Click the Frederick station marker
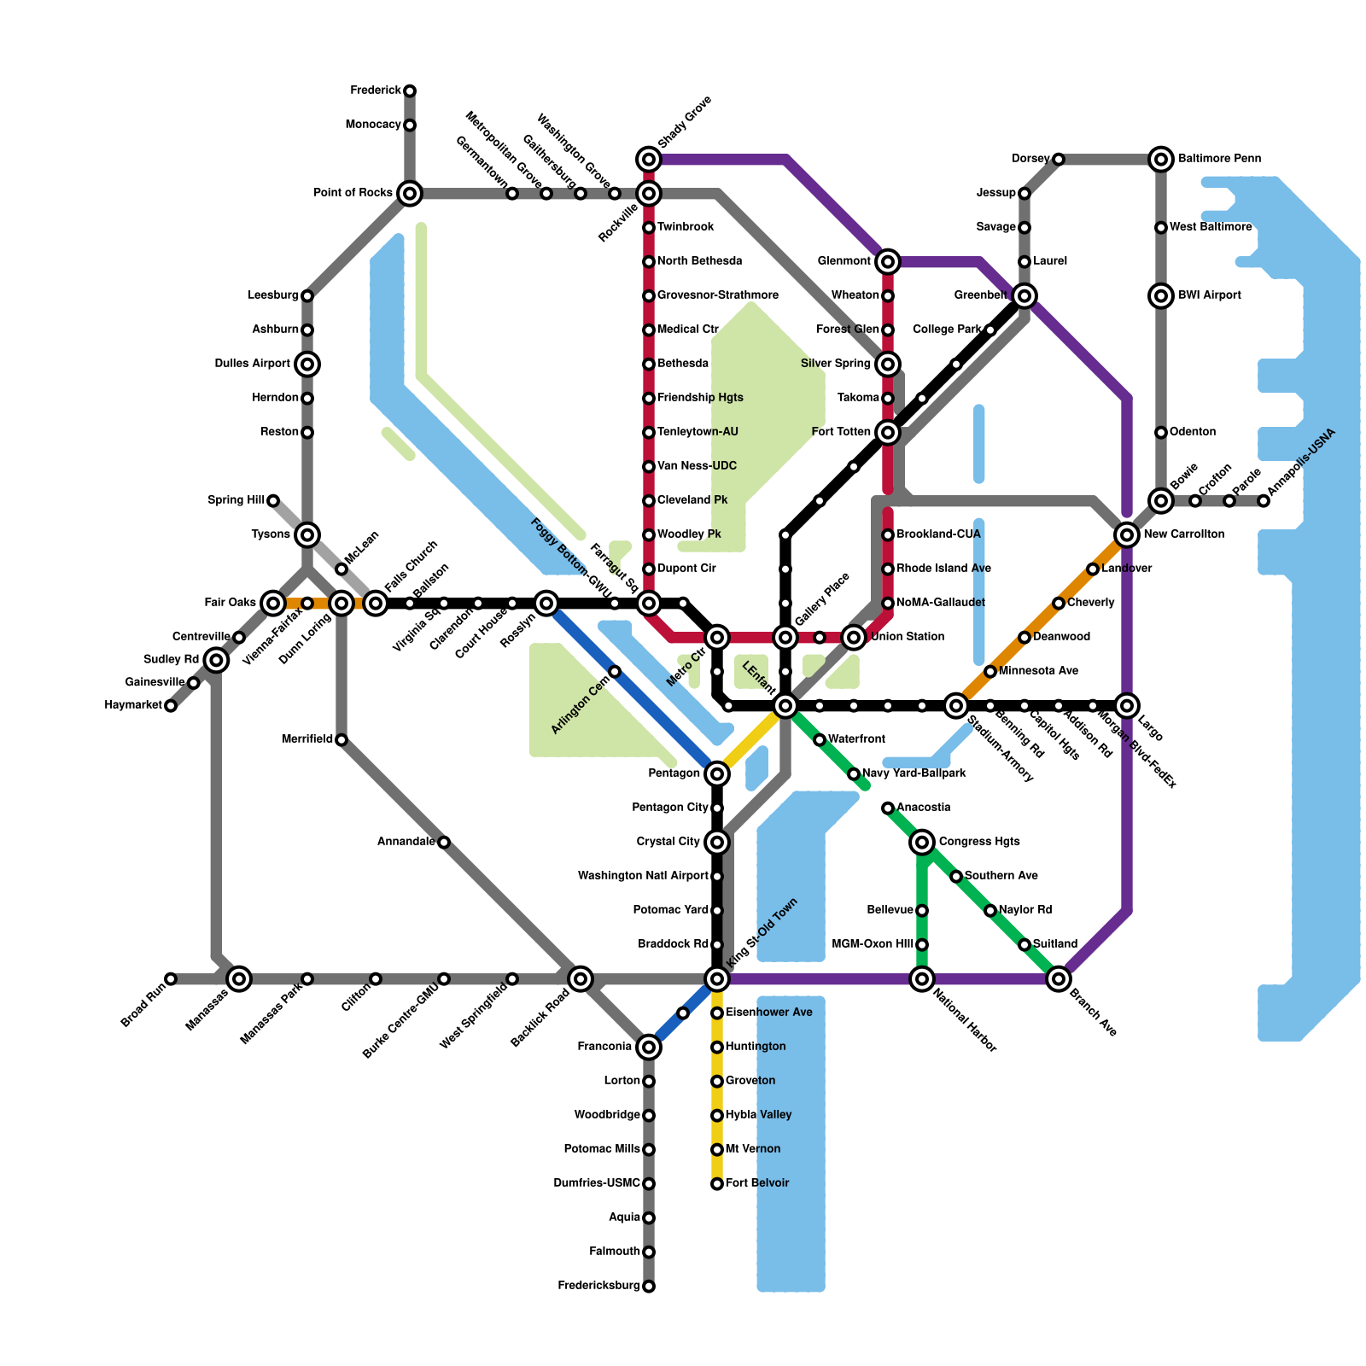tap(410, 90)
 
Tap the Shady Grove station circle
tap(649, 159)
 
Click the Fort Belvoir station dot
tap(717, 1183)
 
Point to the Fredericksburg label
tap(598, 1286)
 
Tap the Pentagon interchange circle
tap(717, 773)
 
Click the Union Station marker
tap(854, 637)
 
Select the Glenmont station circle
tap(888, 261)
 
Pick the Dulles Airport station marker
tap(307, 364)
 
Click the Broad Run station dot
tap(171, 978)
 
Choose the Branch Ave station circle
tap(1059, 978)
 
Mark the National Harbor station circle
tap(922, 978)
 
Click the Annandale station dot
tap(444, 842)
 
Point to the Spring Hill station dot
tap(273, 500)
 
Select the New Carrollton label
tap(1184, 534)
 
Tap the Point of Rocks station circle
tap(410, 193)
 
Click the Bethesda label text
tap(683, 364)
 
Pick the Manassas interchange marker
tap(239, 978)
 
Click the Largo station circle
tap(1127, 705)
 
